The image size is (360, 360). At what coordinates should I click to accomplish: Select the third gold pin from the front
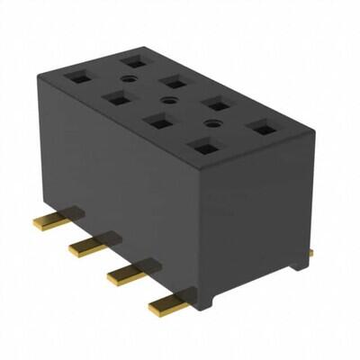coord(90,246)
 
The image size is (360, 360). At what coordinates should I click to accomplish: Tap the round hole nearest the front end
coord(213,122)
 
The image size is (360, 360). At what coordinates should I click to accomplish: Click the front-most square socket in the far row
coord(261,129)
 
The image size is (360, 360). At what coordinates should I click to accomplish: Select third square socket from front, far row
coord(173,83)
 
